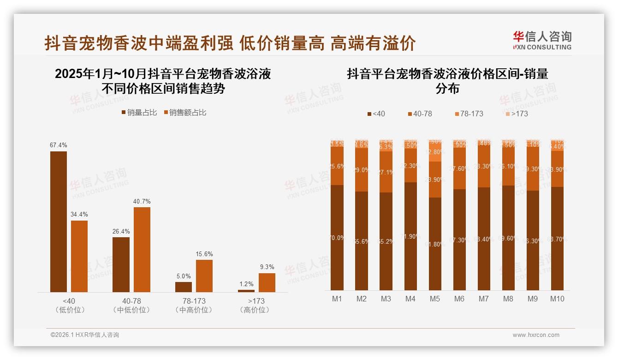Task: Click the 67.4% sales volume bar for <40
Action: tap(59, 222)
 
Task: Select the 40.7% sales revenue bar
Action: tap(142, 249)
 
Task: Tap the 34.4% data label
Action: tap(79, 215)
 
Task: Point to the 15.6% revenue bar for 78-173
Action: tap(204, 276)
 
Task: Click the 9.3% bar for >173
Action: tap(267, 282)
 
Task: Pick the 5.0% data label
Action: tap(184, 276)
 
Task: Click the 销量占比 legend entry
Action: tap(139, 113)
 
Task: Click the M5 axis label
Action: tap(435, 299)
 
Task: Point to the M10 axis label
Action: tap(557, 299)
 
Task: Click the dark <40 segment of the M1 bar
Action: tap(337, 237)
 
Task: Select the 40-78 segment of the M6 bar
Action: tap(459, 168)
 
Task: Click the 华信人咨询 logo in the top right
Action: tap(542, 40)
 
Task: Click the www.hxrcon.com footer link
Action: tap(536, 335)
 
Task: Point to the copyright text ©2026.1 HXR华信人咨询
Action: tap(85, 335)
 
